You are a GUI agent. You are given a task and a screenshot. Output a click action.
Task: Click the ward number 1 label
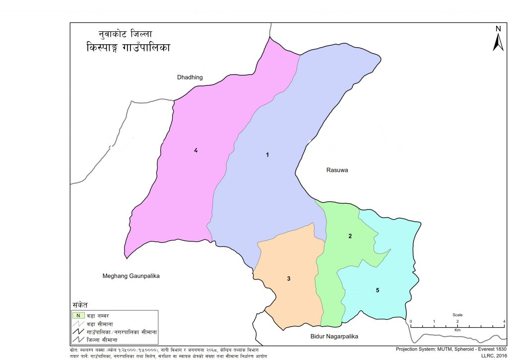pos(267,155)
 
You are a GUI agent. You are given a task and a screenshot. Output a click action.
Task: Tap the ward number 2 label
pos(350,236)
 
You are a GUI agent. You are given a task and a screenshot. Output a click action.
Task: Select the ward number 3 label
pos(288,279)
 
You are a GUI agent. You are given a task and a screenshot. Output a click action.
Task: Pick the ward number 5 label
pos(378,289)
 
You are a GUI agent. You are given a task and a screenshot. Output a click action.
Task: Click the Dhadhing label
pos(190,77)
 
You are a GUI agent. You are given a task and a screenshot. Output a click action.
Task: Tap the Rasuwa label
pos(337,170)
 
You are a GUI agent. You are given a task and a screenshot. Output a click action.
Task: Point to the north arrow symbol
pos(498,42)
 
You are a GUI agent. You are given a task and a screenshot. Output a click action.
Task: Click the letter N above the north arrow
pos(498,29)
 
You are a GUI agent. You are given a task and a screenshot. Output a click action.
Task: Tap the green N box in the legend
pos(78,315)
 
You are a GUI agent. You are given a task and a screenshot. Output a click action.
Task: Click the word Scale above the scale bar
pos(457,315)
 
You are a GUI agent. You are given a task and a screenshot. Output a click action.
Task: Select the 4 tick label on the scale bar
pos(504,322)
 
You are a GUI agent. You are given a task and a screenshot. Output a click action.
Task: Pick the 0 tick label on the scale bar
pos(410,322)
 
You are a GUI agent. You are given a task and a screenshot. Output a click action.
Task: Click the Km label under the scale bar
pos(457,329)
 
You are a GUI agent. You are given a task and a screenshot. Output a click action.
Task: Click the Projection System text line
pos(451,349)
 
